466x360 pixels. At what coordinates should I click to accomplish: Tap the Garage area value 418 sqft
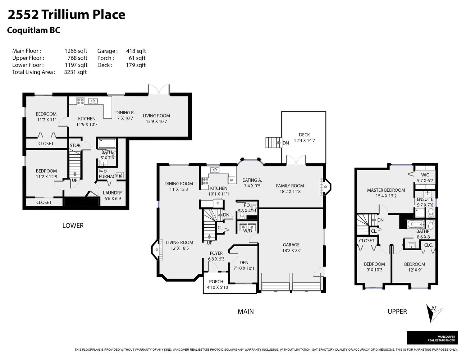[x=136, y=51]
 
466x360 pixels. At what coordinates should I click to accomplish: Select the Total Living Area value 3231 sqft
[x=75, y=72]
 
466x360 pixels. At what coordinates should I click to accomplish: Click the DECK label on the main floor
[x=304, y=135]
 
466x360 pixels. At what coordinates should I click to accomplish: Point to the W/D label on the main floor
[x=248, y=231]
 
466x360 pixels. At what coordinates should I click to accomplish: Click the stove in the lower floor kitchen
[x=80, y=101]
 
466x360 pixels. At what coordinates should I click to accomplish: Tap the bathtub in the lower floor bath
[x=107, y=144]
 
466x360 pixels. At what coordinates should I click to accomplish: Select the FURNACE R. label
[x=110, y=176]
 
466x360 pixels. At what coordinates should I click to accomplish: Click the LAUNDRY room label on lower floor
[x=112, y=193]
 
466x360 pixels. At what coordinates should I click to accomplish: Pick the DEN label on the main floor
[x=244, y=262]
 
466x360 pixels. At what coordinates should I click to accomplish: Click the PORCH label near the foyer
[x=216, y=281]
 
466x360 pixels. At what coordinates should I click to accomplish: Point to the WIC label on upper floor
[x=425, y=175]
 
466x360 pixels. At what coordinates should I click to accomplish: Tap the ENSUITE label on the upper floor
[x=425, y=199]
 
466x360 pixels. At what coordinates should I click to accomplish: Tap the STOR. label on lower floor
[x=75, y=145]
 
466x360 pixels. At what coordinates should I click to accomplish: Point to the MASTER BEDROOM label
[x=386, y=190]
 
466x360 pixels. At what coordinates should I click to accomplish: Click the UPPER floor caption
[x=397, y=312]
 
